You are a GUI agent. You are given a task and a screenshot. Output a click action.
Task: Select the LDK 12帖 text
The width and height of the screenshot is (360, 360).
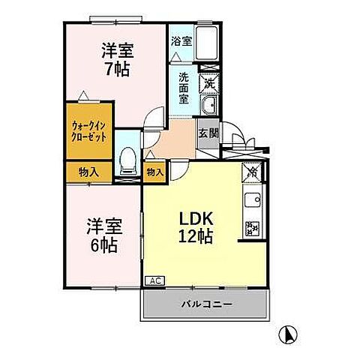pyautogui.click(x=196, y=226)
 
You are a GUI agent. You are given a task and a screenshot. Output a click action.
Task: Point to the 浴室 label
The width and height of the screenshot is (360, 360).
pyautogui.click(x=180, y=41)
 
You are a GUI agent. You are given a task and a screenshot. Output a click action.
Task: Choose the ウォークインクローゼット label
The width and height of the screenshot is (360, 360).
pyautogui.click(x=88, y=132)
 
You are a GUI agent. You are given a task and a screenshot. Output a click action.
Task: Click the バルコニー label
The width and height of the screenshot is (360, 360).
pyautogui.click(x=205, y=304)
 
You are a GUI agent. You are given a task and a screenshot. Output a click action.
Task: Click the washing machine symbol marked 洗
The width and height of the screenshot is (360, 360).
pyautogui.click(x=209, y=81)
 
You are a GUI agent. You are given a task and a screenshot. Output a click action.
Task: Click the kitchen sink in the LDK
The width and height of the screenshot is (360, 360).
pyautogui.click(x=251, y=200)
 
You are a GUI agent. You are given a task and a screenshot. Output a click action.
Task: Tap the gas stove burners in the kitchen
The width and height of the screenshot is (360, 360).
pyautogui.click(x=251, y=226)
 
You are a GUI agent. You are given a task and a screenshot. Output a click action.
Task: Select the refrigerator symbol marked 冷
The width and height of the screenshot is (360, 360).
pyautogui.click(x=252, y=172)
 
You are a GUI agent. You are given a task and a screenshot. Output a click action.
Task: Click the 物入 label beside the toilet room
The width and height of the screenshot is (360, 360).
pyautogui.click(x=155, y=172)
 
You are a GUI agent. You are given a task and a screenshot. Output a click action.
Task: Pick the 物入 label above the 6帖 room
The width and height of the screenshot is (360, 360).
pyautogui.click(x=88, y=172)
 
